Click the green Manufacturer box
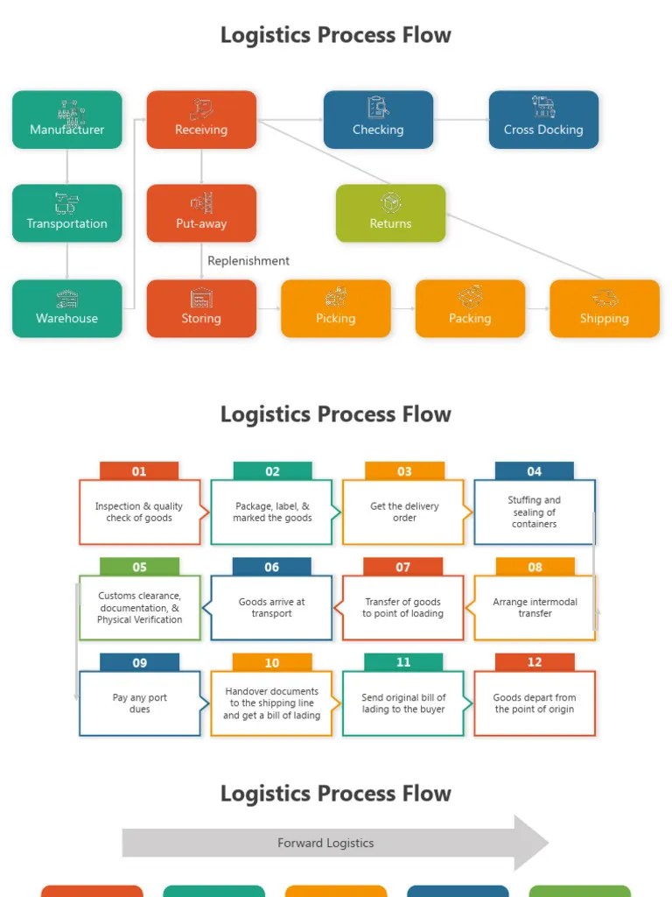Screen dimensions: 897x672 coord(67,119)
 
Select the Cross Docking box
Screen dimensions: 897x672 coord(543,119)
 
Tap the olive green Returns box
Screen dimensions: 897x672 coord(390,213)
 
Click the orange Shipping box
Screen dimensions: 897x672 coord(604,308)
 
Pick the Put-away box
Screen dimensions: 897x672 coord(201,213)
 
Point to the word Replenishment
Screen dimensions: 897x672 coord(248,261)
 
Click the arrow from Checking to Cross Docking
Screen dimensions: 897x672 coord(460,119)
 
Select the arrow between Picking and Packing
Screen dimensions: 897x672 coord(402,308)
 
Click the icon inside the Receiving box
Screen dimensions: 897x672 coord(201,109)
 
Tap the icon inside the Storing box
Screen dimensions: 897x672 coord(201,298)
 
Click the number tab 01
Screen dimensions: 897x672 coord(139,471)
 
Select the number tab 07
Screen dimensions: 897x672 coord(402,567)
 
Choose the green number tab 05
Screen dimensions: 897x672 coord(139,567)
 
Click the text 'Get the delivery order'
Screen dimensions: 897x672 coord(403,512)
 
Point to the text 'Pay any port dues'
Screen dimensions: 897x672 coord(139,703)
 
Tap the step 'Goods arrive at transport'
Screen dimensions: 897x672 coord(271,608)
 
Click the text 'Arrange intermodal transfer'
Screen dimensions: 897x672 coord(535,608)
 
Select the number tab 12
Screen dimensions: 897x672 coord(535,662)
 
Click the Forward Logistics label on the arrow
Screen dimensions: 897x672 coord(325,843)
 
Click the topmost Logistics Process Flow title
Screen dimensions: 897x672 coord(336,35)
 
